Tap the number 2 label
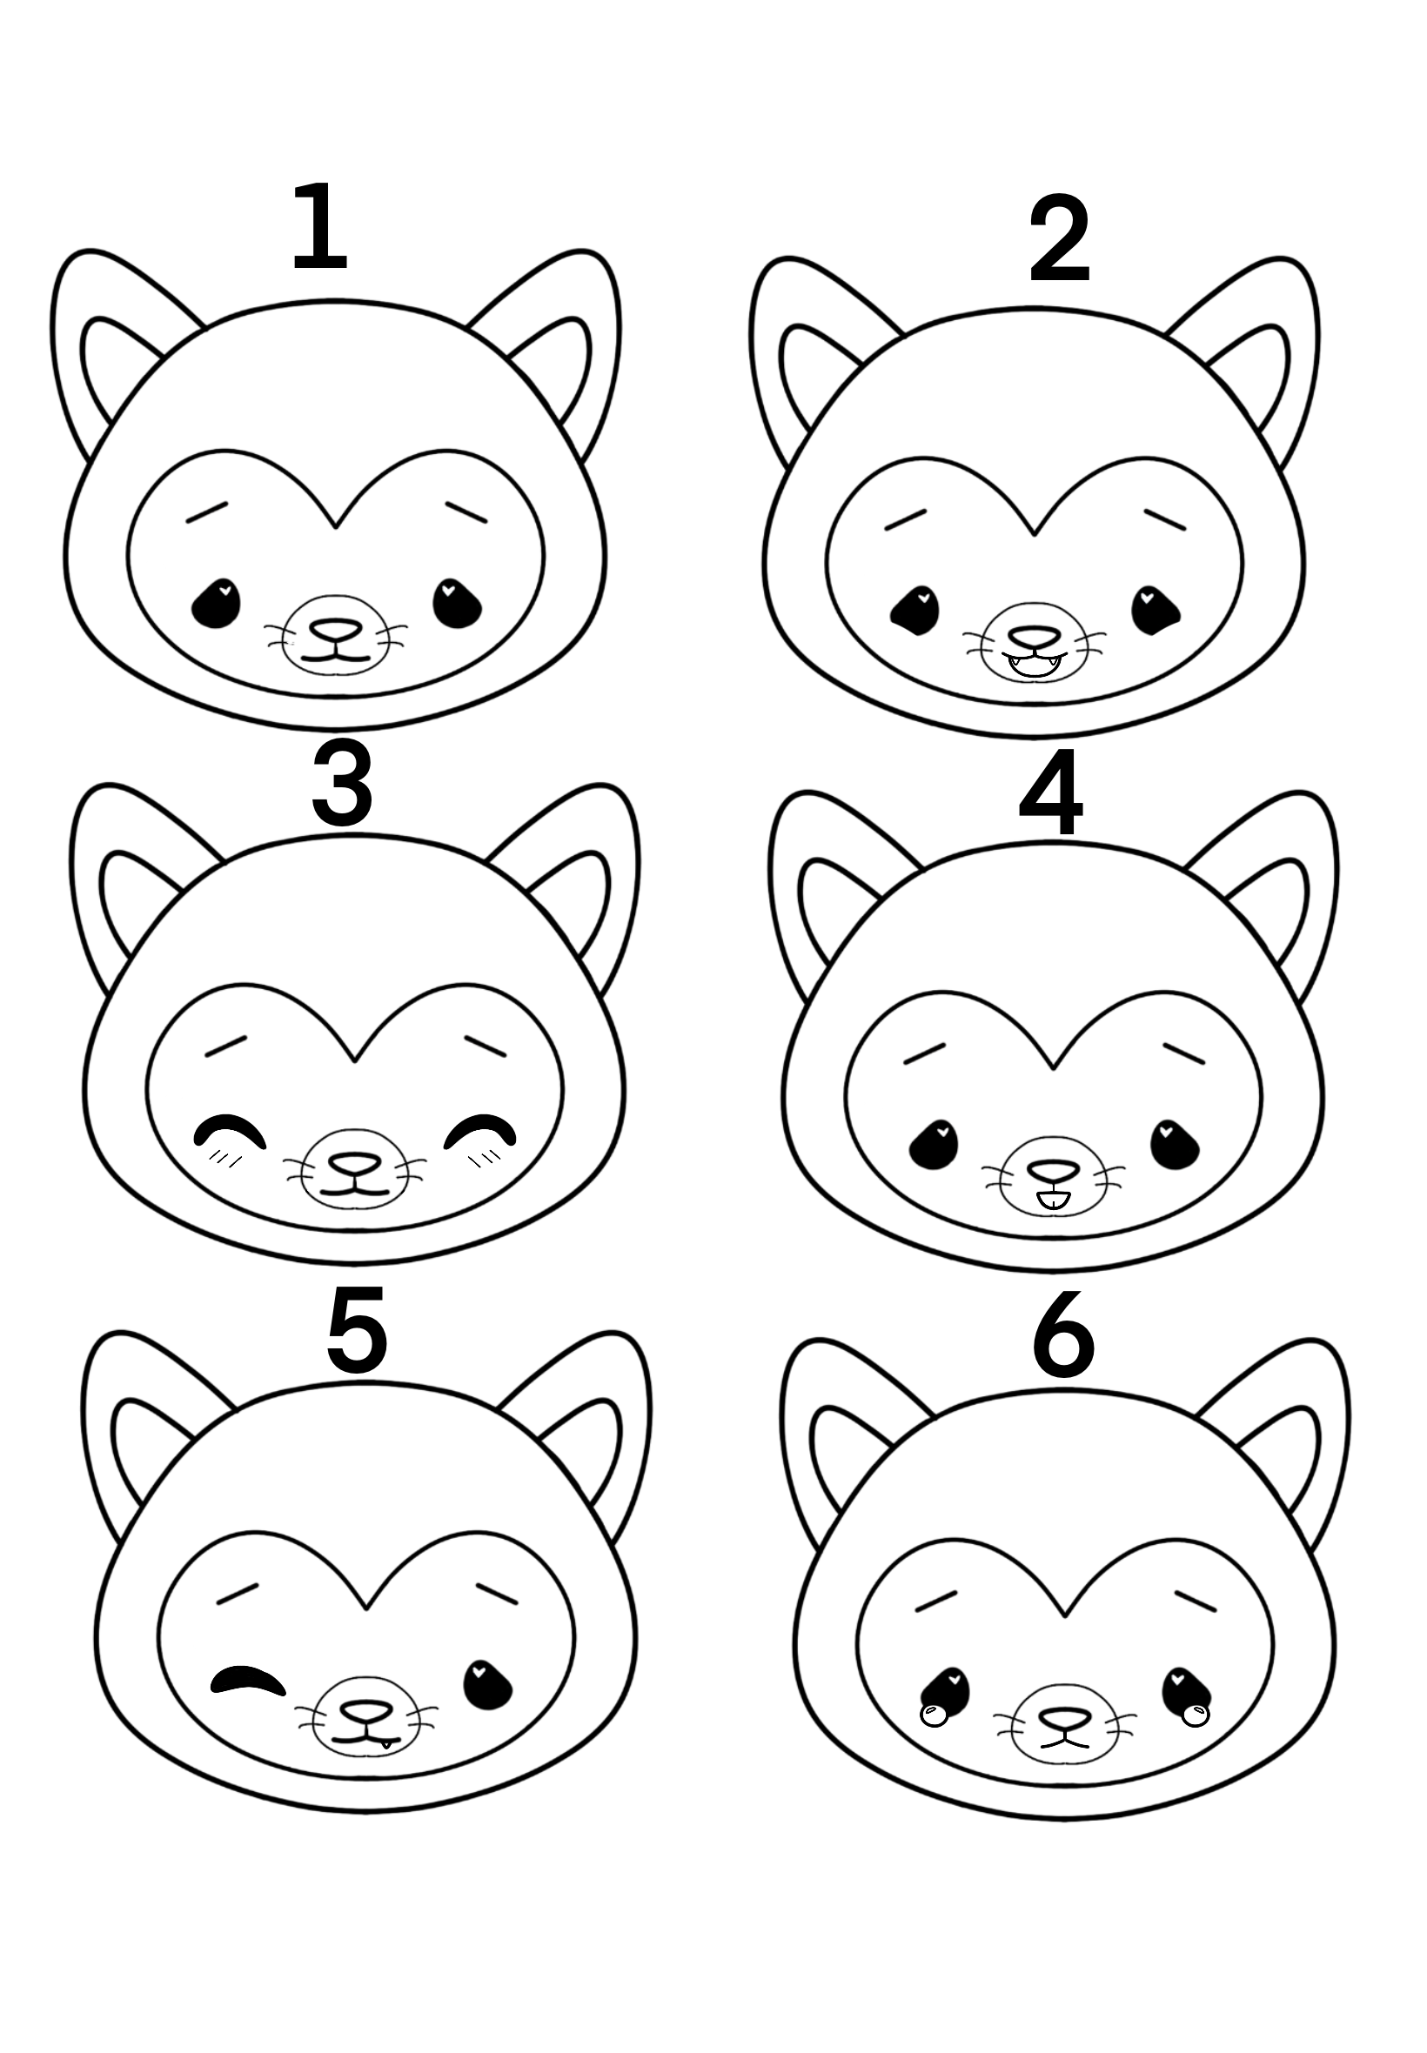[1060, 239]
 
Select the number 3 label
[342, 783]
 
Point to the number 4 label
[1051, 792]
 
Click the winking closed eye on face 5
[248, 1680]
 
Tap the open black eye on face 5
[487, 1685]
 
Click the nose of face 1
[335, 629]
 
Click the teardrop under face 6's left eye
[934, 1715]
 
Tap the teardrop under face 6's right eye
[1195, 1715]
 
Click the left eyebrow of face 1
[206, 512]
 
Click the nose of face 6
[1064, 1717]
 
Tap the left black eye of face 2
[914, 611]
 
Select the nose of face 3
[355, 1163]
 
